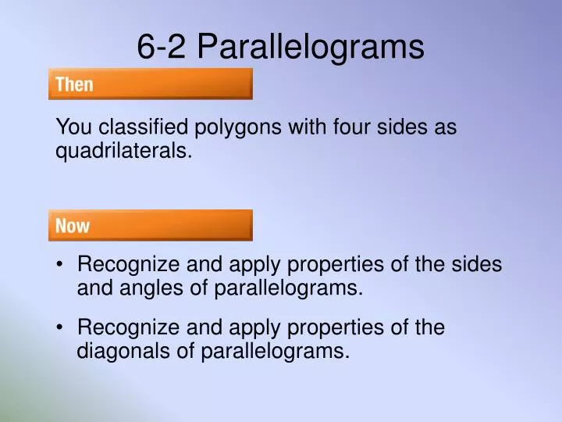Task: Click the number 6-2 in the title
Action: (x=162, y=47)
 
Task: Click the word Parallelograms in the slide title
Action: (x=310, y=48)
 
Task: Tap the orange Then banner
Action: (x=151, y=84)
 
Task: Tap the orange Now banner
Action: (x=151, y=226)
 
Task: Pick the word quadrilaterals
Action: (x=123, y=152)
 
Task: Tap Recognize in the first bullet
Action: (x=123, y=266)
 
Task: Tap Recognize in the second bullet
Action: (x=123, y=328)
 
